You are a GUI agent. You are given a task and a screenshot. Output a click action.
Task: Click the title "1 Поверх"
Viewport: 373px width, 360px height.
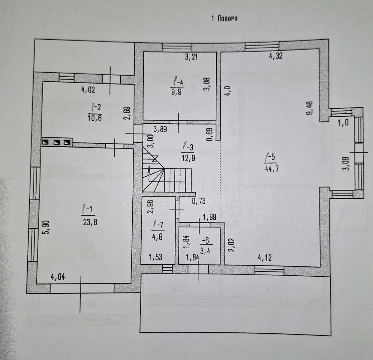point(224,19)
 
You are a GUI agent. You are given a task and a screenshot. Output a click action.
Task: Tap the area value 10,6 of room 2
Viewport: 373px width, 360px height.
point(95,118)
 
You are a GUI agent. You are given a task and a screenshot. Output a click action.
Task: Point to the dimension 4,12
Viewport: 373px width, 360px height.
point(265,257)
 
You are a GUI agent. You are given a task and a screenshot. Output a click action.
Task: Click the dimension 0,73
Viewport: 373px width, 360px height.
point(199,201)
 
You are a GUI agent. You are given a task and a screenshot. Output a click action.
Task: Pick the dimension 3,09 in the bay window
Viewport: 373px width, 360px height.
point(347,163)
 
